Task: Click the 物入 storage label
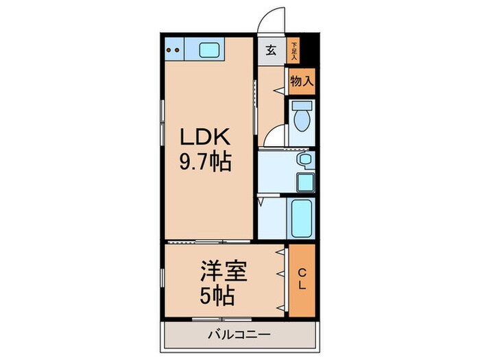click(301, 81)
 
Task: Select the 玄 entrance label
click(271, 51)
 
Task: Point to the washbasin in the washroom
click(304, 160)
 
